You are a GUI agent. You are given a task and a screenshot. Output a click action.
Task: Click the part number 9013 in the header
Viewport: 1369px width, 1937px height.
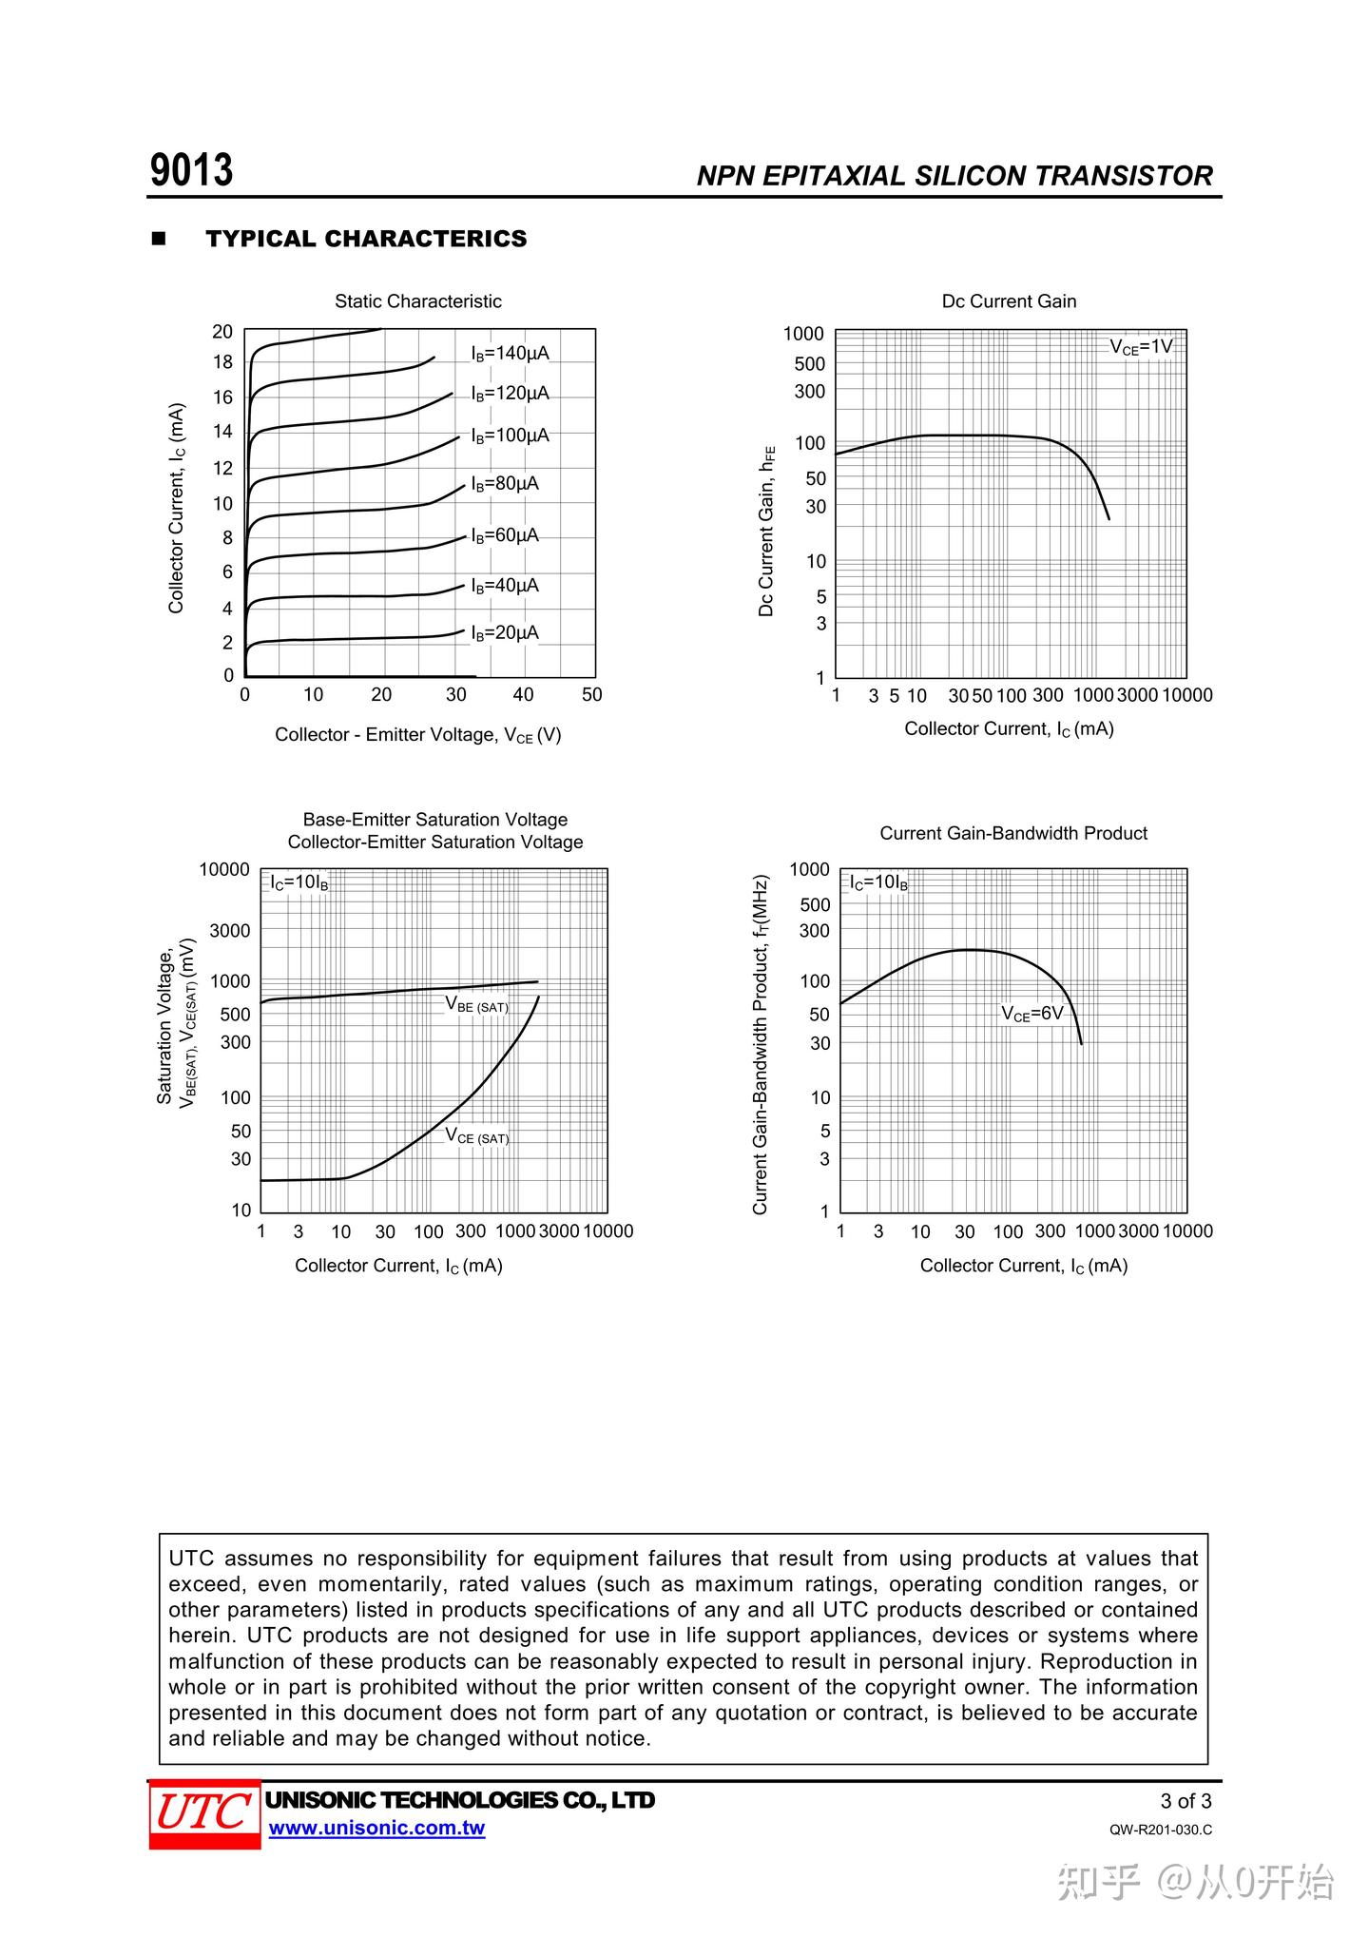coord(191,171)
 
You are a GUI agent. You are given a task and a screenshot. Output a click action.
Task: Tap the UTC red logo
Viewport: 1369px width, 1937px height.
coord(204,1812)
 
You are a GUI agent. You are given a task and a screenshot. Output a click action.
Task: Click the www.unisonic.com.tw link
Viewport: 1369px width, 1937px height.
coord(376,1828)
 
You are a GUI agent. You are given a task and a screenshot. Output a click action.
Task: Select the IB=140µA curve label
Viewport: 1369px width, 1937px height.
coord(510,354)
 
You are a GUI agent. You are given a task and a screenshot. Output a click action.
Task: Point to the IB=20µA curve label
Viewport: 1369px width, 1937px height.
coord(504,633)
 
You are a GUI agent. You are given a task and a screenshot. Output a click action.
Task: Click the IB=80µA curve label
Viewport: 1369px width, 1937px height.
coord(504,484)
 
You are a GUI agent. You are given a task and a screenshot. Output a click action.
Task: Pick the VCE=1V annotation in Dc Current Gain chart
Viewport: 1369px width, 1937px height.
coord(1141,347)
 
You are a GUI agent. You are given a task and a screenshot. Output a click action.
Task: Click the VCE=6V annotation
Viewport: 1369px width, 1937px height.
coord(1032,1014)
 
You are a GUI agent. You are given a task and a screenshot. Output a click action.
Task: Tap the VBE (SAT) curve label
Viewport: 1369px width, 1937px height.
coord(476,1005)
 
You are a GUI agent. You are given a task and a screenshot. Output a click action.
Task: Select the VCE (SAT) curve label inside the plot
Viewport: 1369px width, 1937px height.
coord(476,1136)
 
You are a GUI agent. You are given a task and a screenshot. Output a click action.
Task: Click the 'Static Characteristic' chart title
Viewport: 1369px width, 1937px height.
coord(417,301)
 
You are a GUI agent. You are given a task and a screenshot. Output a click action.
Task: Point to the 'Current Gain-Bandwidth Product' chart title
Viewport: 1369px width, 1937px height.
coord(1012,834)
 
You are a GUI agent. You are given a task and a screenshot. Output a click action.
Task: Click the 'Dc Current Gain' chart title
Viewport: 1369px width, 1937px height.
coord(1009,301)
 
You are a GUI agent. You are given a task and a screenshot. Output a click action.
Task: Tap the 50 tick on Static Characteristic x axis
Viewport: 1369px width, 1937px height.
coord(591,695)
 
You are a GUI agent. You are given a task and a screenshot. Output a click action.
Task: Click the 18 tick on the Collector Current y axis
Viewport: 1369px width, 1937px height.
coord(222,362)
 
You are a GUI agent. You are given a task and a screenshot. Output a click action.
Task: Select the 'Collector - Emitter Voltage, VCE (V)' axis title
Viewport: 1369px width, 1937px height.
coord(417,735)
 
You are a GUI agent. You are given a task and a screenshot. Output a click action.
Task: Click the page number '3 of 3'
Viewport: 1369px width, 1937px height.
coord(1186,1801)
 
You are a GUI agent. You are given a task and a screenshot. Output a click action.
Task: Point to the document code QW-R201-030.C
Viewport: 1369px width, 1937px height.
coord(1160,1830)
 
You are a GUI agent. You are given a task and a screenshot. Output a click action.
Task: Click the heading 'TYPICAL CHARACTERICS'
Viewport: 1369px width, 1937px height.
coord(366,239)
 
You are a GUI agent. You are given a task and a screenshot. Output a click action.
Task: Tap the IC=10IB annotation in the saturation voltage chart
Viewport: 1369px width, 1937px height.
coord(299,882)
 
